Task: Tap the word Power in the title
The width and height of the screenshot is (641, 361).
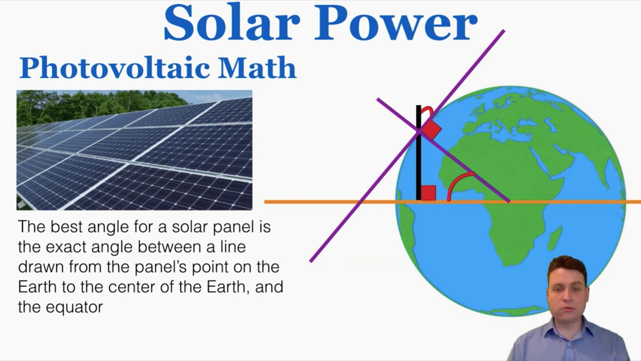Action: tap(396, 24)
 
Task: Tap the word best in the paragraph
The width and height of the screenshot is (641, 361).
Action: tap(67, 227)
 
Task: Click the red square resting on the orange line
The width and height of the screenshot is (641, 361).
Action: tap(428, 193)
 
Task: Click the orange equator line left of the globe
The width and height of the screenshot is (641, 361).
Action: tap(326, 202)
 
